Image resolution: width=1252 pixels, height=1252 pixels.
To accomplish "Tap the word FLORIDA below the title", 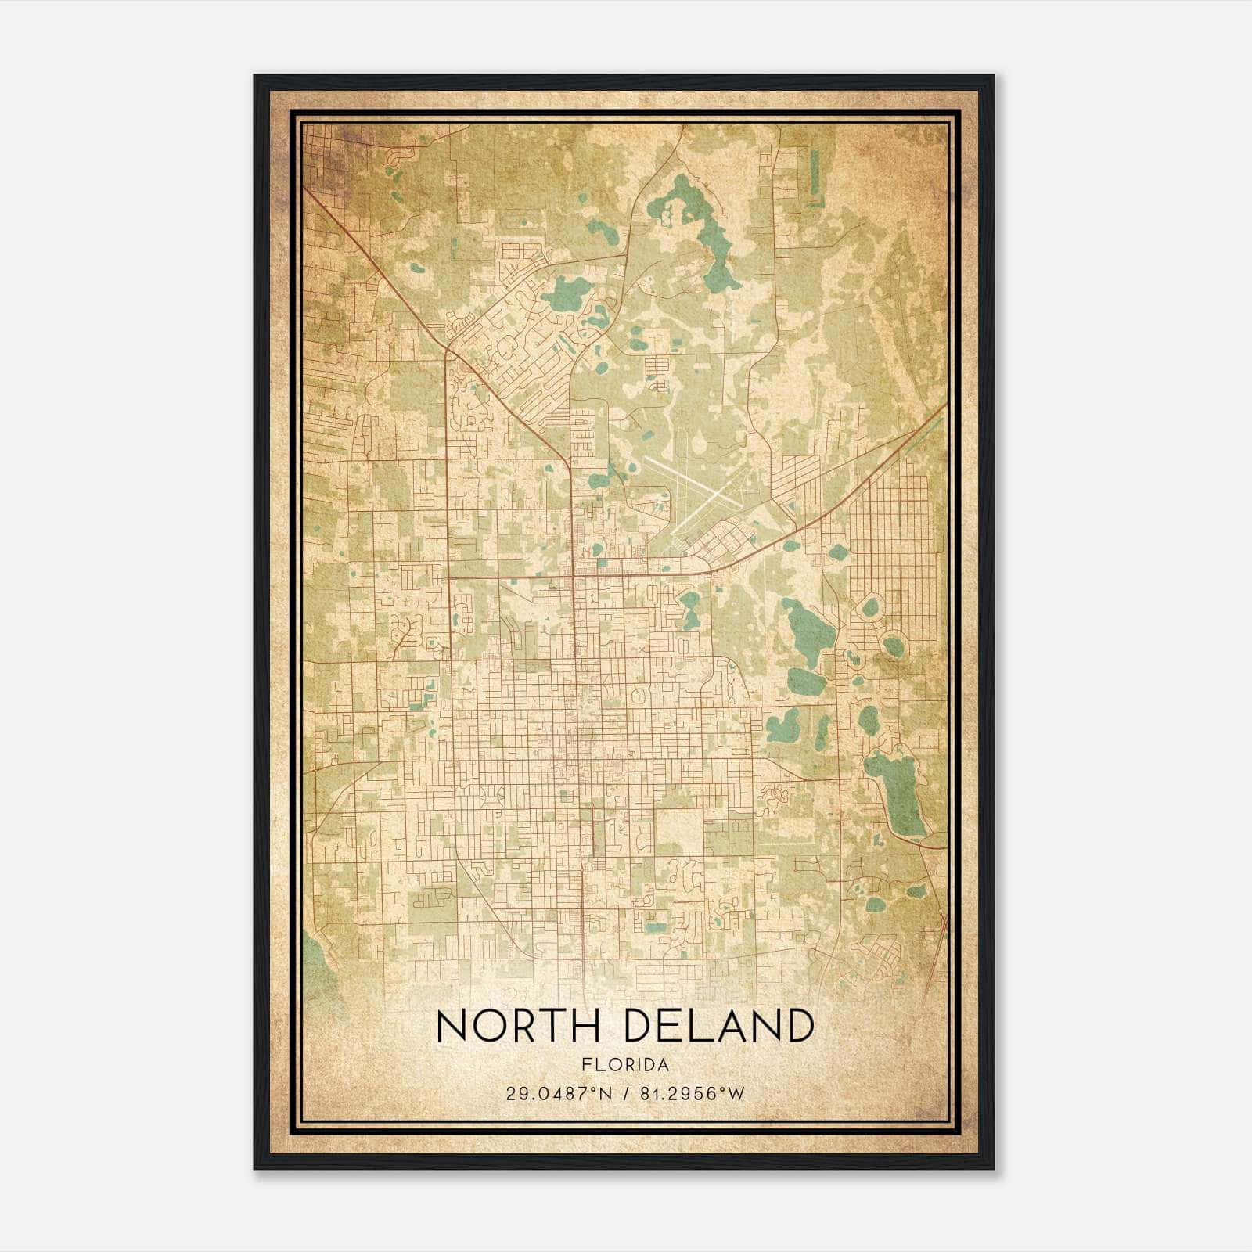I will (625, 1064).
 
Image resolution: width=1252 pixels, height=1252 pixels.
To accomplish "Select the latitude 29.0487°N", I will (559, 1093).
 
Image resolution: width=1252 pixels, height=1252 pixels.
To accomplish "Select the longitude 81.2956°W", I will (693, 1093).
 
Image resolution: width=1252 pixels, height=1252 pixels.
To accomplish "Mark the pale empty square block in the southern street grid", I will (678, 833).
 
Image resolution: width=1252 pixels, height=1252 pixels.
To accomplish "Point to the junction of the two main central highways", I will (573, 577).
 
